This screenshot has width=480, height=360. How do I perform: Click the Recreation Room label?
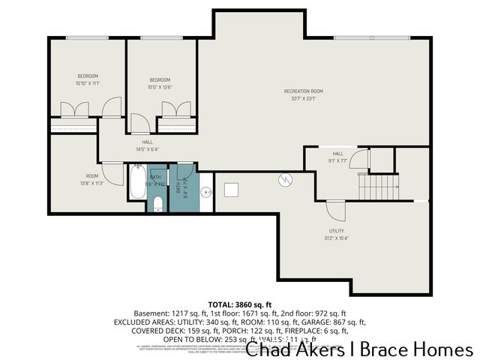point(303,94)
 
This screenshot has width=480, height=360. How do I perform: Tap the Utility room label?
point(337,235)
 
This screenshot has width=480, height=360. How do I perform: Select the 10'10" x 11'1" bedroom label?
point(88,79)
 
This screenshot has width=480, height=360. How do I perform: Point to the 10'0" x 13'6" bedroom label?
point(160,83)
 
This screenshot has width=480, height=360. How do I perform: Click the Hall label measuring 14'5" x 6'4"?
point(148,145)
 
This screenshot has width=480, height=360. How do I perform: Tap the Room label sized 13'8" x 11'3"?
point(92,178)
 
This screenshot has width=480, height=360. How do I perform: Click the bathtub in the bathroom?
point(136,181)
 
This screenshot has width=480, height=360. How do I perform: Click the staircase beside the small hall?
point(376,186)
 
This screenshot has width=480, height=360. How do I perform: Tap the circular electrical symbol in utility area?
point(284,179)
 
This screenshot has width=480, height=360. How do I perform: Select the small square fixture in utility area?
point(231,190)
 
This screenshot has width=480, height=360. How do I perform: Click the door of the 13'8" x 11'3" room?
point(113,175)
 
